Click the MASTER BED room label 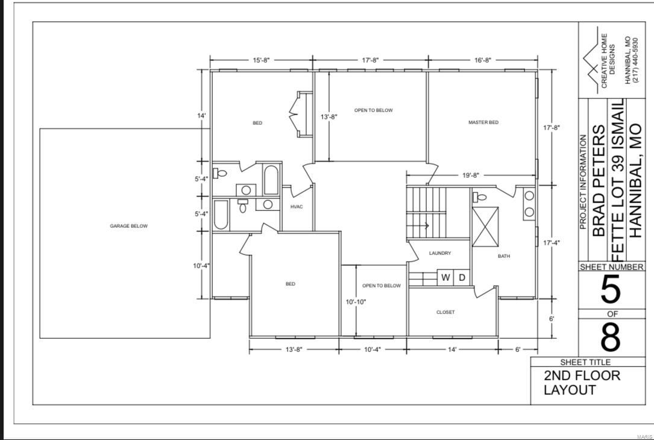483,122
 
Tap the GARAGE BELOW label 128,226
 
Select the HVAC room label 296,207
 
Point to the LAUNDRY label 439,253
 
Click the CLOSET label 445,312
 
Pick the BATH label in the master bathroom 503,256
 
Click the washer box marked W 445,277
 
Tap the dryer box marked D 462,277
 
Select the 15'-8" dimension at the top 260,60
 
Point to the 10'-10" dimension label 356,302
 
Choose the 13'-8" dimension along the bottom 294,349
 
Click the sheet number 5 610,291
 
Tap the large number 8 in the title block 610,338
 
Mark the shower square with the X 485,227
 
